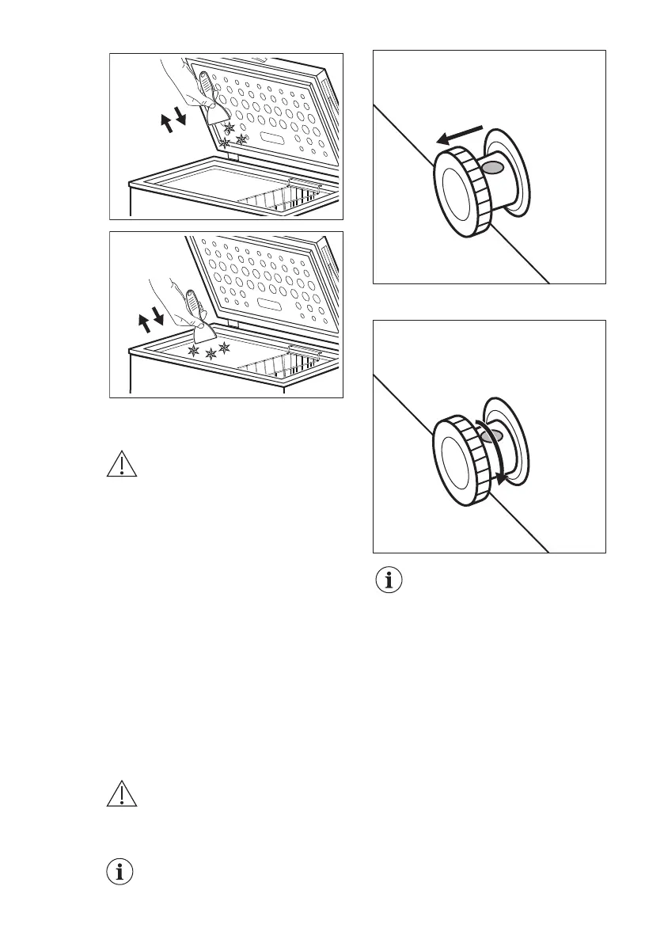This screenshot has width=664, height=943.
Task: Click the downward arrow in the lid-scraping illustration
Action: coord(181,118)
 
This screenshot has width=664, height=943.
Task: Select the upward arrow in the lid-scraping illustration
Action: coord(166,124)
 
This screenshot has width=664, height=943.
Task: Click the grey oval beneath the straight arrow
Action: coord(492,167)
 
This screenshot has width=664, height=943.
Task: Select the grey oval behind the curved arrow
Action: coord(491,437)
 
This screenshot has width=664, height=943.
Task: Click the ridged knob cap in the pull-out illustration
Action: coord(461,192)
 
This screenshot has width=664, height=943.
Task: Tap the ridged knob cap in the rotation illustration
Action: coord(461,458)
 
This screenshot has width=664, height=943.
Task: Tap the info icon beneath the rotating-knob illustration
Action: coord(388,581)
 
